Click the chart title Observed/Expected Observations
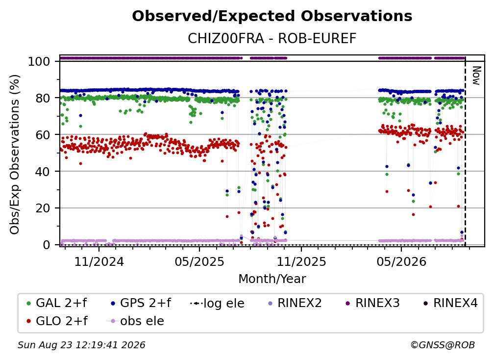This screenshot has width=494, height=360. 272,16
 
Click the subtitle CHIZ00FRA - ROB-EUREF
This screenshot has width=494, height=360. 272,38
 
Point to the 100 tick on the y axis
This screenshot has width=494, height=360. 39,61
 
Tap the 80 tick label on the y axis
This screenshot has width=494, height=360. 43,98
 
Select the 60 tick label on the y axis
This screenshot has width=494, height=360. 43,135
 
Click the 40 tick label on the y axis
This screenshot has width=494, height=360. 43,172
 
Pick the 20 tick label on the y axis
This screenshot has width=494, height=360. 43,208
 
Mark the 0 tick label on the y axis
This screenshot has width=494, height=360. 47,245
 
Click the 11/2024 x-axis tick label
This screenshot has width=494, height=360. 99,261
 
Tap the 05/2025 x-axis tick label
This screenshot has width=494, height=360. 199,261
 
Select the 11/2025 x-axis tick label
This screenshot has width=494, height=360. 301,261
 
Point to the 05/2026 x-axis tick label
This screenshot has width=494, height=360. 401,261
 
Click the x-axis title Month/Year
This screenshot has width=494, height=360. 272,279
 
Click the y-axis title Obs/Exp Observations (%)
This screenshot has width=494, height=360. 15,154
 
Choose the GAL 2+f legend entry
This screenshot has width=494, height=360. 57,303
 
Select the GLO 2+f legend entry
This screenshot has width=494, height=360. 57,321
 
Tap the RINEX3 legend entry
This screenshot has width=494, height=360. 372,303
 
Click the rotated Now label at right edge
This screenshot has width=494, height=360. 476,76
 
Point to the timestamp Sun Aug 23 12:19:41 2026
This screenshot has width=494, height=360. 81,345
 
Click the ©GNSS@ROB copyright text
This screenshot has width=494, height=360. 443,345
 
